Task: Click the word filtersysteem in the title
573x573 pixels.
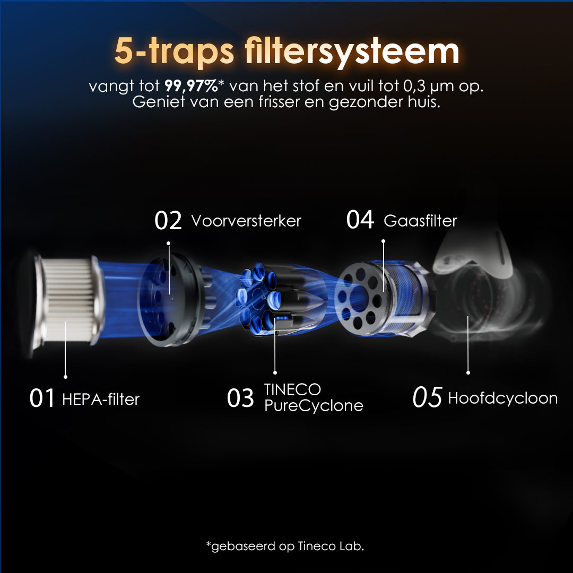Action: [x=352, y=51]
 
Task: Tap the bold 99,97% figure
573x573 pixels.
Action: [x=191, y=86]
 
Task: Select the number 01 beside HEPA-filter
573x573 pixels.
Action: [x=42, y=398]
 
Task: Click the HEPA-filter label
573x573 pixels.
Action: [x=101, y=399]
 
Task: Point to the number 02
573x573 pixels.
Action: [x=168, y=220]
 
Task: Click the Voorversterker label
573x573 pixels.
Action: [x=246, y=221]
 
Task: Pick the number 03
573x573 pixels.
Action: [x=240, y=398]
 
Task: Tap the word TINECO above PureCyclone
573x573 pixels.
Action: [x=292, y=389]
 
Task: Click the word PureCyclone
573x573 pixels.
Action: [x=314, y=406]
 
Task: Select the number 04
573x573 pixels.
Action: [x=360, y=220]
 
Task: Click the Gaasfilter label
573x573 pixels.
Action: [x=420, y=221]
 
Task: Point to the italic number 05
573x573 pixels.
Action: [x=427, y=397]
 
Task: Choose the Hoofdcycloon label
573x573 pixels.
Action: [x=503, y=398]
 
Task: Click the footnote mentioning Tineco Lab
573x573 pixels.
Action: [x=285, y=546]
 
